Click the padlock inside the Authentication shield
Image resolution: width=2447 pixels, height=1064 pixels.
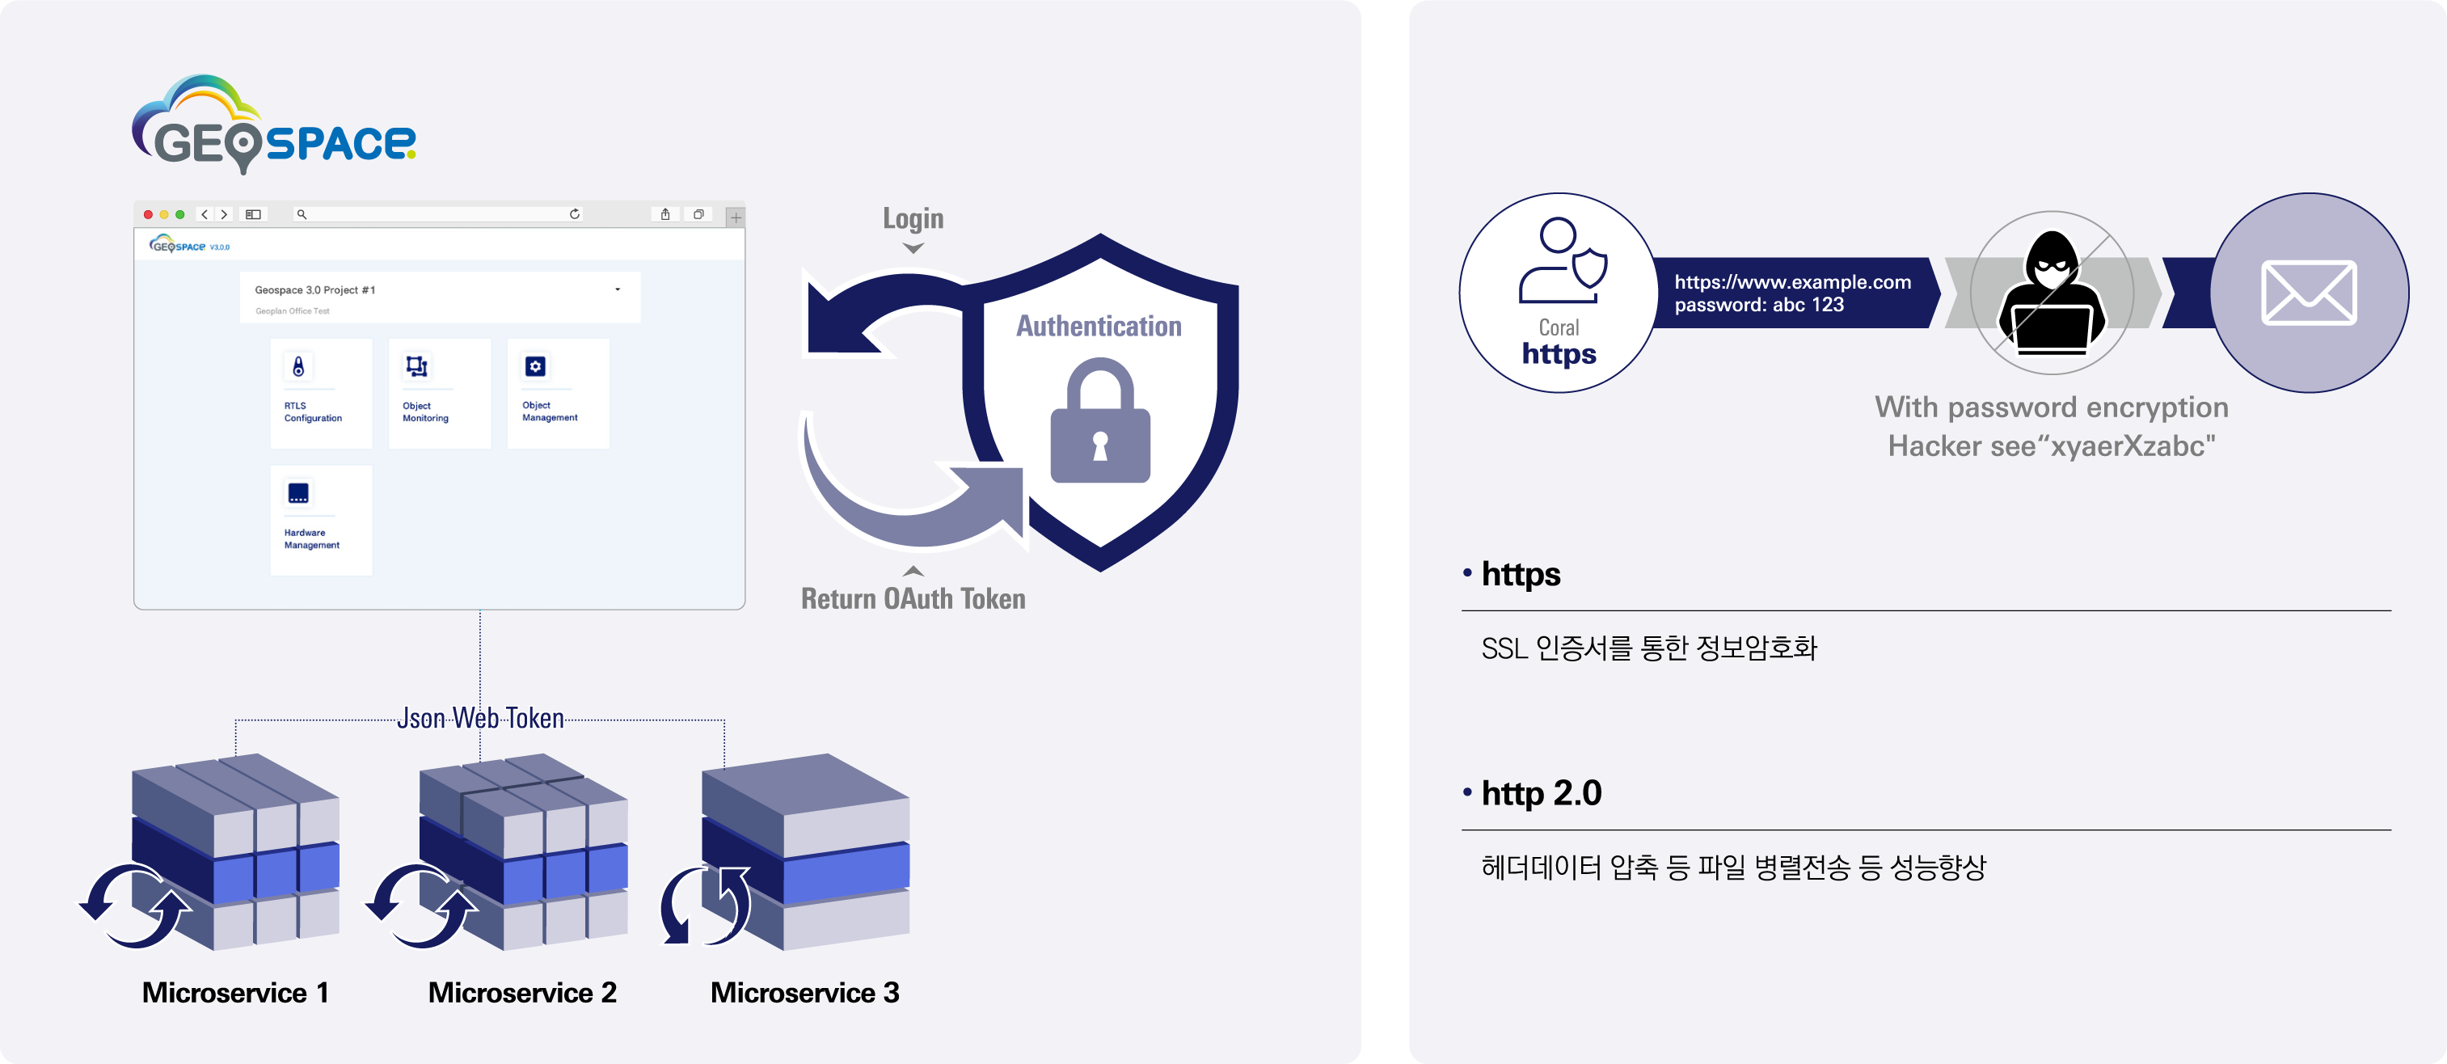[x=1100, y=423]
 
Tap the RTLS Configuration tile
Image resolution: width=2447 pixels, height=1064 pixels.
[x=321, y=393]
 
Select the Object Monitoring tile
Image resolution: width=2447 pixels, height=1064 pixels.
[x=439, y=393]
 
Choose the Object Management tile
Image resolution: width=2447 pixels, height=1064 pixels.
[x=558, y=393]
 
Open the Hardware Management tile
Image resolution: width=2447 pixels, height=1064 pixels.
[x=321, y=520]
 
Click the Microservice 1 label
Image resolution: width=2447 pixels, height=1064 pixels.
[x=235, y=993]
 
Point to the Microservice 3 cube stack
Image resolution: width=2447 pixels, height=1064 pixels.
[x=805, y=851]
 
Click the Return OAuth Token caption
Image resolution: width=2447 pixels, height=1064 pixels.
[x=913, y=598]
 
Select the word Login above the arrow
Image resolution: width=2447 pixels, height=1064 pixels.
[x=913, y=218]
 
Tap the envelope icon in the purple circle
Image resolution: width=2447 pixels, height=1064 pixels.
[x=2308, y=293]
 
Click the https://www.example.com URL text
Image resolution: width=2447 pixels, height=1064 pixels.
[x=1792, y=282]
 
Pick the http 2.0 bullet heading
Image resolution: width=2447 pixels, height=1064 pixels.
[x=1541, y=793]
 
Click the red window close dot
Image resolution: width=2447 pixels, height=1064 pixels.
[x=148, y=215]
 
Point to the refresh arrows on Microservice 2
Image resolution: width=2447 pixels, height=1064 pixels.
[x=422, y=906]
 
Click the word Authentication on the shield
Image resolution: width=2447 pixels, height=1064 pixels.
[x=1099, y=327]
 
